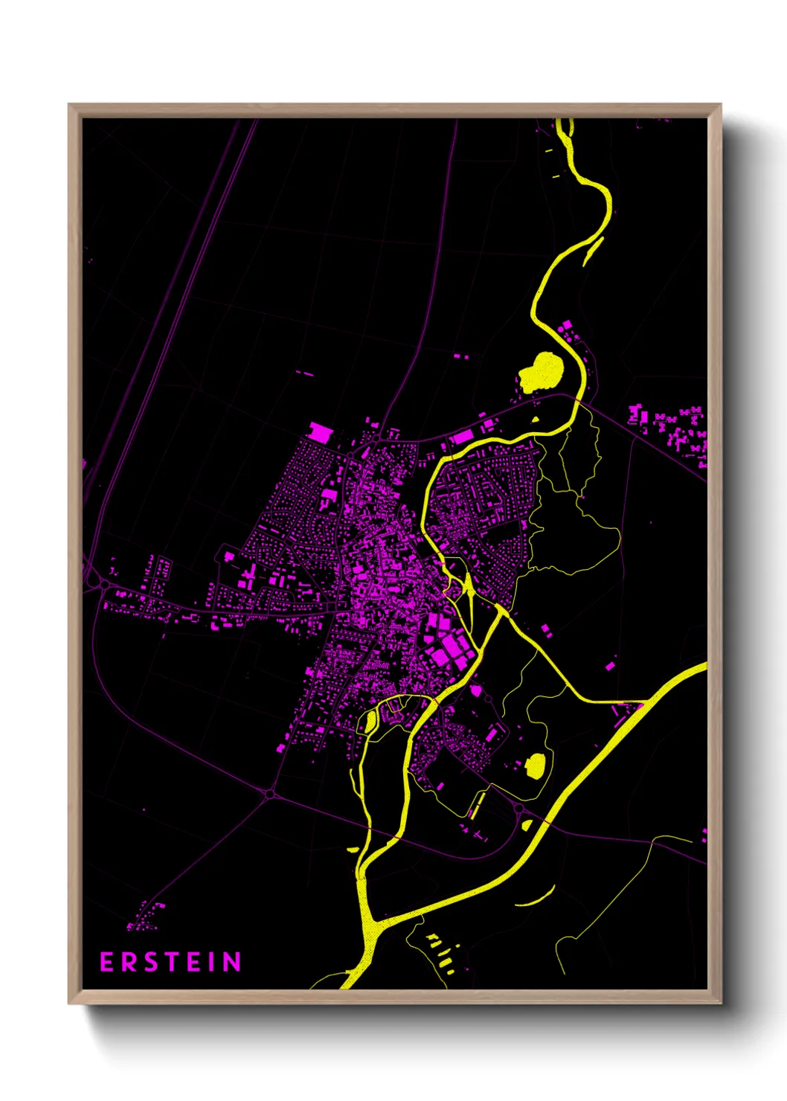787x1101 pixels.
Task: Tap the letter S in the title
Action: coord(148,962)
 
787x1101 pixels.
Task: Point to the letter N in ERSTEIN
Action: coord(232,962)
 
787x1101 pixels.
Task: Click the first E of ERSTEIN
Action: coord(106,962)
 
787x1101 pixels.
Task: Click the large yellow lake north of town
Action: coord(542,371)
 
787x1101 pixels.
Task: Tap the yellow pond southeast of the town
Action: coord(536,765)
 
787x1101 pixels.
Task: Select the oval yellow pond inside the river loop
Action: coord(369,720)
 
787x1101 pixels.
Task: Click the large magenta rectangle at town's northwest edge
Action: coord(321,431)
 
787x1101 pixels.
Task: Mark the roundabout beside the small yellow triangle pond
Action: coord(518,808)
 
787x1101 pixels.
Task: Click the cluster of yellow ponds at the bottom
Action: coord(439,948)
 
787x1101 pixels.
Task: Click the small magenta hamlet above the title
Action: coord(145,917)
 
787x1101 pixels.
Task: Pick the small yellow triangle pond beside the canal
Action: coord(527,824)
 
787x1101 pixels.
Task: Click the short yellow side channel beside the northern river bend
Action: coord(593,251)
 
